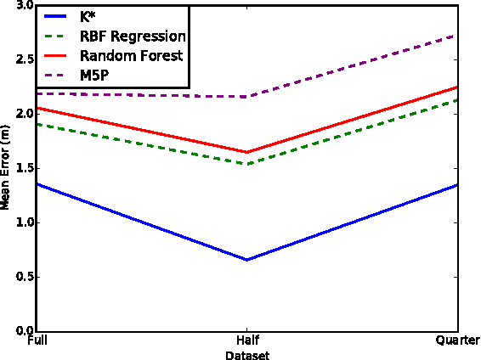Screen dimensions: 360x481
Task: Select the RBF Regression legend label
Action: [132, 36]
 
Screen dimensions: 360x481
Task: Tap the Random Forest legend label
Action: [131, 55]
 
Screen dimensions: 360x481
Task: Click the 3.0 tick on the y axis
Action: [25, 5]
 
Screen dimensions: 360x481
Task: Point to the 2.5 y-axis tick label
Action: [25, 59]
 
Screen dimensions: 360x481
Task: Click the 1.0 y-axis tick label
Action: [25, 222]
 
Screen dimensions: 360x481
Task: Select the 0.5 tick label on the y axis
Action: [25, 277]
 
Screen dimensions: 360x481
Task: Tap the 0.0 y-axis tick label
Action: [25, 331]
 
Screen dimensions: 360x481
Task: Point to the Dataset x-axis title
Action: [247, 355]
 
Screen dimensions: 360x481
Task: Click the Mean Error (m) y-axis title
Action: [6, 168]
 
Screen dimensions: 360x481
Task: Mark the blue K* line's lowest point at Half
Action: [247, 260]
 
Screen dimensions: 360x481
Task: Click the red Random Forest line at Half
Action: [247, 152]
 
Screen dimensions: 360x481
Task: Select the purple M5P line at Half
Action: [247, 97]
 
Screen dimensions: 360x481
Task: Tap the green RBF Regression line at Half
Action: [247, 164]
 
